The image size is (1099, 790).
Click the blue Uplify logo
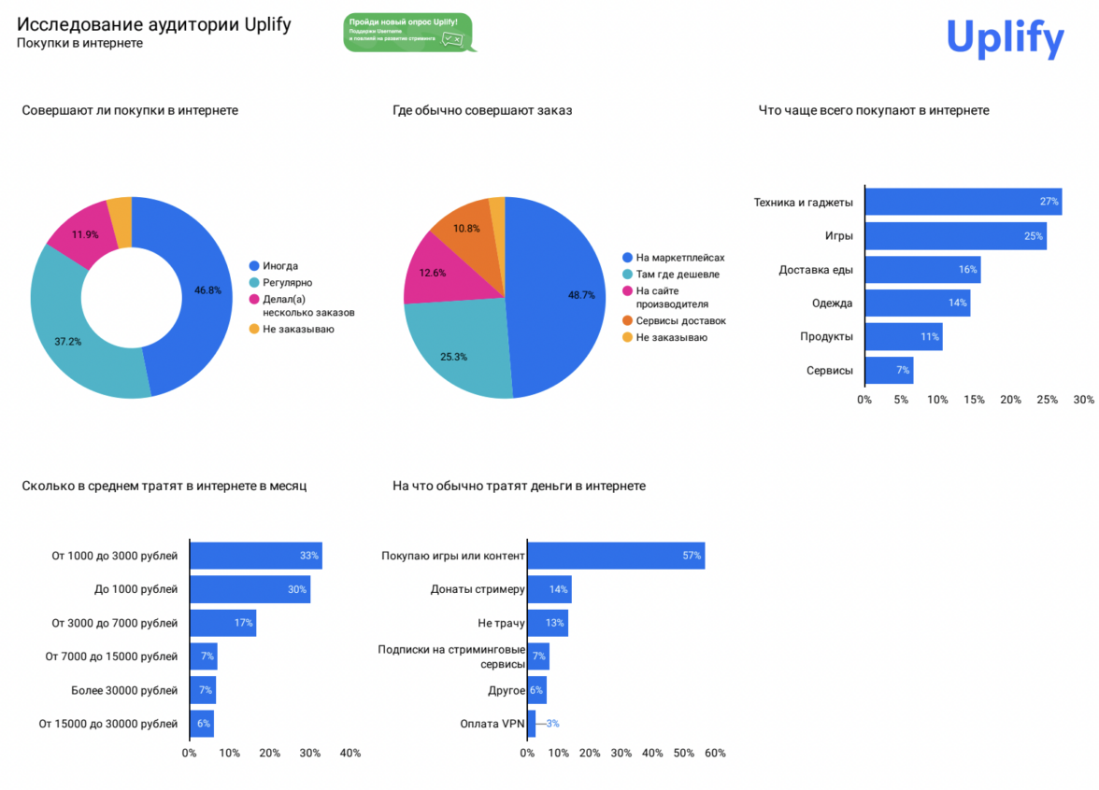click(1005, 38)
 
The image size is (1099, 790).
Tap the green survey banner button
click(407, 33)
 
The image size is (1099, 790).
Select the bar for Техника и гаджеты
click(963, 202)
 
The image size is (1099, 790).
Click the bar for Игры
click(955, 236)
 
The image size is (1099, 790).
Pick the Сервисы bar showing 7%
click(889, 371)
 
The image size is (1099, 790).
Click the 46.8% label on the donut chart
click(207, 290)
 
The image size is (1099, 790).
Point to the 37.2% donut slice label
click(67, 342)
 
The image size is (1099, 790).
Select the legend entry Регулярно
click(287, 283)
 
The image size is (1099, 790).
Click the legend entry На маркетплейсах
click(679, 258)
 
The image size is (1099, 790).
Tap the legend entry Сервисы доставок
click(680, 320)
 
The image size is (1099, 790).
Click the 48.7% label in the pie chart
click(581, 294)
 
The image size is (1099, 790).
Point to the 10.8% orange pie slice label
click(466, 229)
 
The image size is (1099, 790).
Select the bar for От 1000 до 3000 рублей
click(255, 556)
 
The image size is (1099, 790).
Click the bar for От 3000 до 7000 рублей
click(222, 623)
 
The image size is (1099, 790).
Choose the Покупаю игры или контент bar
click(616, 556)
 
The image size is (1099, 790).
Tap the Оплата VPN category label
click(492, 724)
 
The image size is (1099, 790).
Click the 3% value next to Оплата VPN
click(553, 724)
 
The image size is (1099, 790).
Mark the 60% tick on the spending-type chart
click(715, 754)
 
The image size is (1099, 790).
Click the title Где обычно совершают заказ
click(482, 110)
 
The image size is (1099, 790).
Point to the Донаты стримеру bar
click(549, 589)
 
